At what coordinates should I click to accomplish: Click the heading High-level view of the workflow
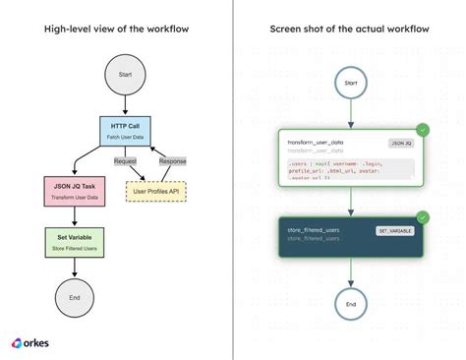click(116, 29)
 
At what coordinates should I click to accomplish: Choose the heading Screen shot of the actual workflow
click(349, 29)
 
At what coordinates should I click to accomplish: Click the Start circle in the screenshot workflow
click(349, 84)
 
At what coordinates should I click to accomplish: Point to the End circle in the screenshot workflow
click(349, 303)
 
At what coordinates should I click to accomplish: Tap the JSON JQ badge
click(400, 144)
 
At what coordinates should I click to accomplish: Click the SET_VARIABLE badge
click(394, 231)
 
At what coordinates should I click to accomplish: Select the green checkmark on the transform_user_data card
click(422, 130)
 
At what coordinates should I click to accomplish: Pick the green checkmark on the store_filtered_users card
click(422, 216)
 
